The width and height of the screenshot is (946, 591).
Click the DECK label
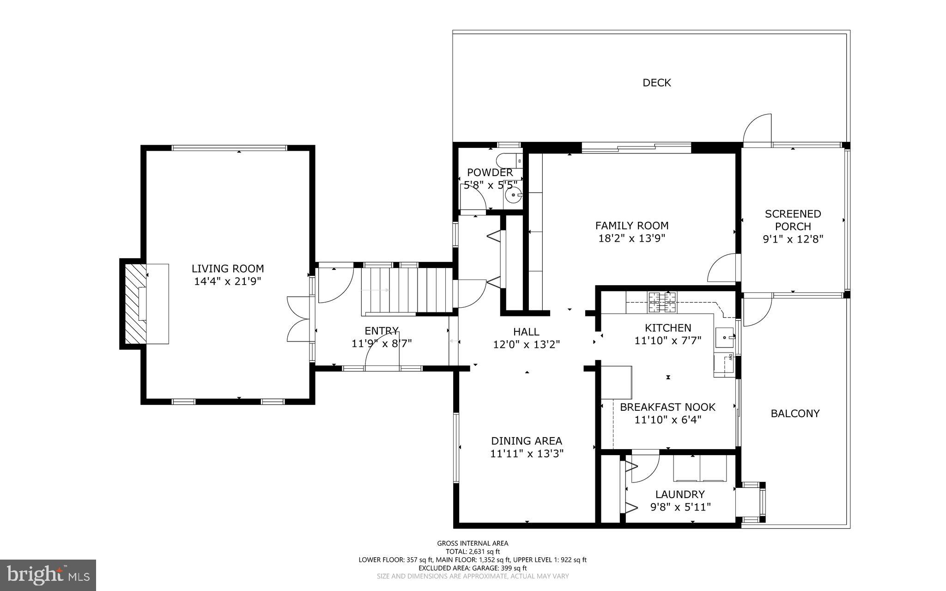tap(656, 83)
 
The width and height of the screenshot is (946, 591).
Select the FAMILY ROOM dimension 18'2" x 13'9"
tap(631, 238)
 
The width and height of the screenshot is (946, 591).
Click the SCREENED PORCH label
tap(793, 220)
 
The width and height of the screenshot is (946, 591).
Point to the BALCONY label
tap(795, 413)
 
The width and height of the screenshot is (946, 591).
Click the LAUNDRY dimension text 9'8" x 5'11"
tap(680, 507)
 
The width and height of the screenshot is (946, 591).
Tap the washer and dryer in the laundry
tap(700, 469)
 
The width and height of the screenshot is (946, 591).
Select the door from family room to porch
tap(723, 268)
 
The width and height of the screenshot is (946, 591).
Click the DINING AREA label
tap(526, 441)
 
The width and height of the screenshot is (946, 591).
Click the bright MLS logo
tap(48, 575)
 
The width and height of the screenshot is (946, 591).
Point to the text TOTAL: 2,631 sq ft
tap(473, 551)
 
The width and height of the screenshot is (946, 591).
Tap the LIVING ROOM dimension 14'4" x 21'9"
tap(228, 281)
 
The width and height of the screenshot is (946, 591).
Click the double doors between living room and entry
tap(299, 319)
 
